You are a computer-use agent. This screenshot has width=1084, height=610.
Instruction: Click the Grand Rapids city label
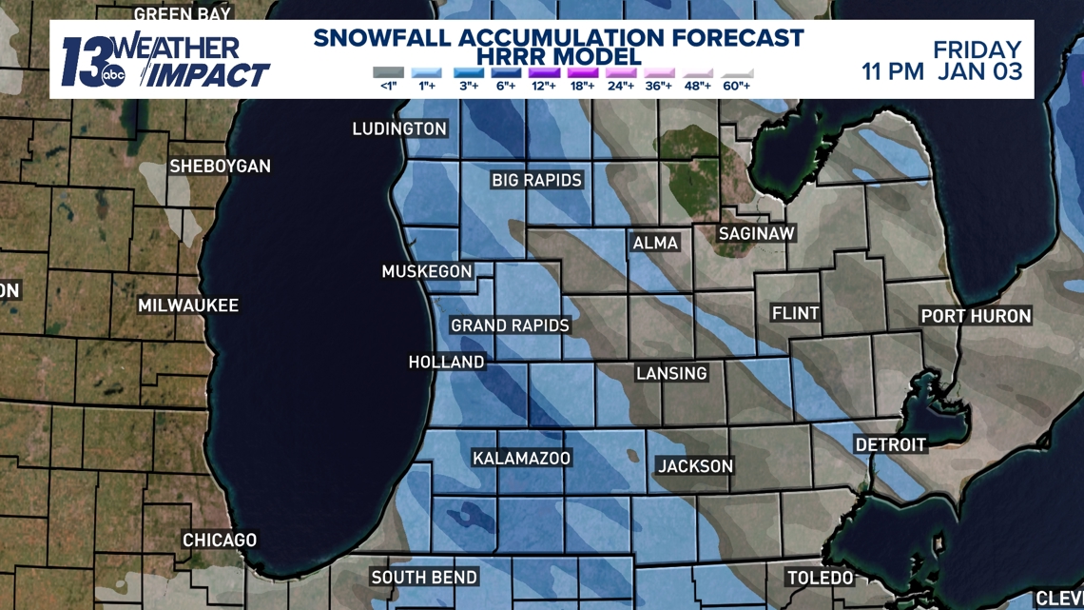click(x=510, y=325)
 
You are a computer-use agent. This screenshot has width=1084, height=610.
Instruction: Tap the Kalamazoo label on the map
click(x=521, y=459)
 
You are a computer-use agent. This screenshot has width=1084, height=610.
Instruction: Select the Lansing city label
click(x=671, y=373)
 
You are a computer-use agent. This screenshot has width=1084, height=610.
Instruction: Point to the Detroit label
click(x=890, y=444)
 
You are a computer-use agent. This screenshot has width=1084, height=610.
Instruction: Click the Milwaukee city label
click(x=188, y=305)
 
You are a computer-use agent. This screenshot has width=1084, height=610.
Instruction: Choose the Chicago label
click(x=220, y=540)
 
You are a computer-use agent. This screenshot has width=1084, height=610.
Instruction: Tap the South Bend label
click(x=424, y=578)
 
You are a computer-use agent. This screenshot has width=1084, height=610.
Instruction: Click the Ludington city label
click(x=399, y=128)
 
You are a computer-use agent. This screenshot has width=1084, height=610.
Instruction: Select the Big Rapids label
click(x=536, y=180)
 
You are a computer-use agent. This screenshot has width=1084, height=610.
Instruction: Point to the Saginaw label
click(x=756, y=233)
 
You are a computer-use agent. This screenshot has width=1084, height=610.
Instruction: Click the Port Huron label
click(x=976, y=316)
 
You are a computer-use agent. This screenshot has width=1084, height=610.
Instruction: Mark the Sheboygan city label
click(x=220, y=167)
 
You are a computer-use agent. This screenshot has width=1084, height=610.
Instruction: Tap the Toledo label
click(x=820, y=578)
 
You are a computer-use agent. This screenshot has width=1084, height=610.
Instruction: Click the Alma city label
click(x=655, y=244)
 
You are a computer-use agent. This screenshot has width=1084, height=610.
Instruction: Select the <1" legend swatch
click(x=388, y=73)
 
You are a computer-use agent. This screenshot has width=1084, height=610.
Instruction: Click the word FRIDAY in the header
click(x=977, y=49)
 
